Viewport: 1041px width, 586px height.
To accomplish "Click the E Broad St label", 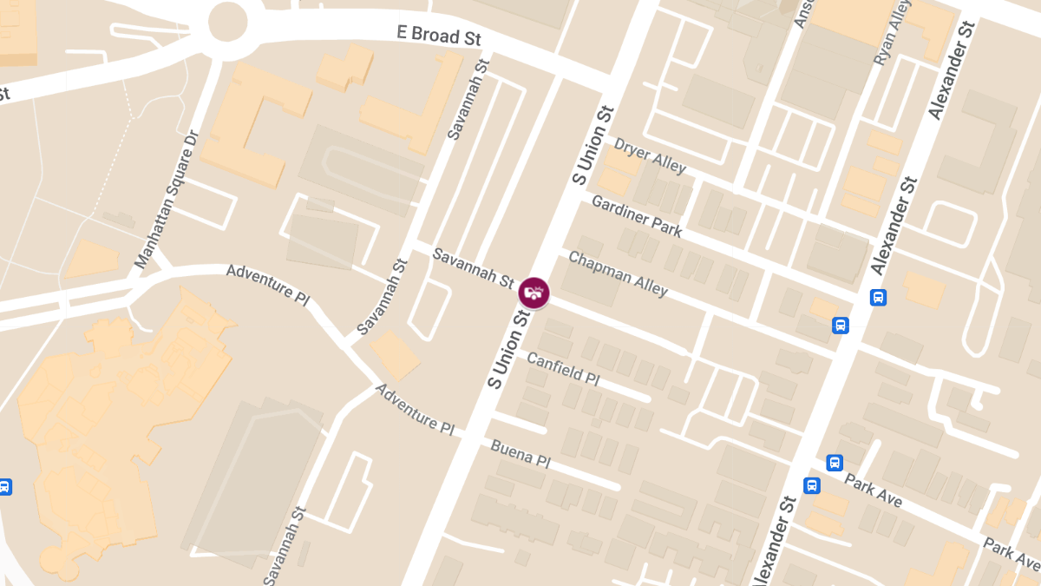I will click(438, 36).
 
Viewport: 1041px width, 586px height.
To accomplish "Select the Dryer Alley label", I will click(650, 155).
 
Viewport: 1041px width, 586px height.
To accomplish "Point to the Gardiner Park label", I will click(637, 216).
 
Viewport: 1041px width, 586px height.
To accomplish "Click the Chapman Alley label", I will click(618, 273).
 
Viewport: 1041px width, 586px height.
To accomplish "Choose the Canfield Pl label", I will click(563, 369).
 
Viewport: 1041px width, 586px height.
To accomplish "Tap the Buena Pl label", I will click(520, 452).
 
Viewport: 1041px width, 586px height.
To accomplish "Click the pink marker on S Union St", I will click(534, 293).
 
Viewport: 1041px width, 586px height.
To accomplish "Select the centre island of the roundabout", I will click(228, 21).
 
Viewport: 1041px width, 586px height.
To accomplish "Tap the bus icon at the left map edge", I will click(4, 487).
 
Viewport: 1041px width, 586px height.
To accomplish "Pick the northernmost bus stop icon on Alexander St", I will click(878, 298).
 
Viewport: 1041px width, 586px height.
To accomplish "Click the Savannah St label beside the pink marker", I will click(474, 267).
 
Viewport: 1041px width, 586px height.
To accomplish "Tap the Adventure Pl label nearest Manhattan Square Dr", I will click(267, 283).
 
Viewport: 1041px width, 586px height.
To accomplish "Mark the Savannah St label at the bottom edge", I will click(285, 547).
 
